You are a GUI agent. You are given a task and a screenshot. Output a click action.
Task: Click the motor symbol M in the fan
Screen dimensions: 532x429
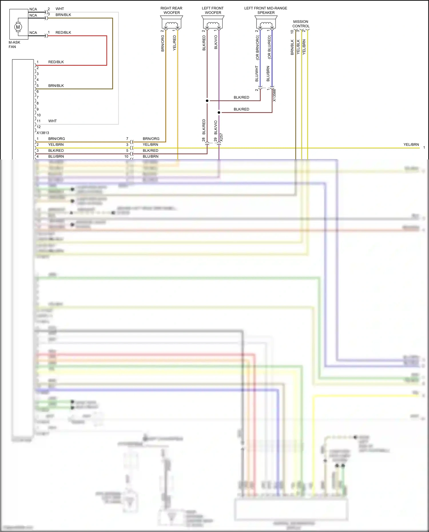(18, 27)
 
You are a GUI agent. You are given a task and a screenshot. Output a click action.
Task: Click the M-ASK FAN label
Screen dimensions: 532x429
(14, 45)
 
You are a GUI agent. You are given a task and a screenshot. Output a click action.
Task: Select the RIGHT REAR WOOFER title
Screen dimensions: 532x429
(171, 10)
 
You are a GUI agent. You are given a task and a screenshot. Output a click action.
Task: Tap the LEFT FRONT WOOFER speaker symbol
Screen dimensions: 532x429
(213, 23)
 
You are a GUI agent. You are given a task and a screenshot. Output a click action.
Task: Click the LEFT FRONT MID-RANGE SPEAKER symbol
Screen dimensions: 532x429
(266, 23)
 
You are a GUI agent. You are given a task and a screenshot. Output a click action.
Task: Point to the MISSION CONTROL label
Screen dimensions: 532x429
(301, 24)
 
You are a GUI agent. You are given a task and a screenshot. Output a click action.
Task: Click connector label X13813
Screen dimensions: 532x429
(43, 133)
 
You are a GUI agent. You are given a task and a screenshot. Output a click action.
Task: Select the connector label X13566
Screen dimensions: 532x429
(274, 95)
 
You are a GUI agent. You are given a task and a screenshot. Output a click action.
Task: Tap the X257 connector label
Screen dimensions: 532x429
(221, 138)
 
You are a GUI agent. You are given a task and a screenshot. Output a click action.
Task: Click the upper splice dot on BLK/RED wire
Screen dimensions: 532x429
(207, 101)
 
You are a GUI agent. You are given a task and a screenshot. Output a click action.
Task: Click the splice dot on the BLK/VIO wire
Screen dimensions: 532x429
(219, 113)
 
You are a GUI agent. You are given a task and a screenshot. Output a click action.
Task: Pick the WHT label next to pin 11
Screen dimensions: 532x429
(52, 121)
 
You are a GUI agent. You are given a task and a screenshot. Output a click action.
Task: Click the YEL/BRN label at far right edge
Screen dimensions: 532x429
(411, 145)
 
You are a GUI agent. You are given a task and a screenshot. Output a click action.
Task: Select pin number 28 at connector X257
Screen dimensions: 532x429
(204, 140)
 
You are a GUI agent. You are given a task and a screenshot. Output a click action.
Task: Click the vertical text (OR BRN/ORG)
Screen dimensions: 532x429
(257, 47)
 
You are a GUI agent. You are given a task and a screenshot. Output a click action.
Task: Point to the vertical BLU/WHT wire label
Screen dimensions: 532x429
(257, 73)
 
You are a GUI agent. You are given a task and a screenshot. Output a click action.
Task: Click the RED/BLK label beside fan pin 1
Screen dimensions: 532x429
(63, 33)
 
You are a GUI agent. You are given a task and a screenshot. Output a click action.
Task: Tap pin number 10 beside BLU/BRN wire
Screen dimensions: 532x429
(126, 156)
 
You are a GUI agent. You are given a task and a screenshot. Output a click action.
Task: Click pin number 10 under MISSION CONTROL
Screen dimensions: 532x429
(292, 32)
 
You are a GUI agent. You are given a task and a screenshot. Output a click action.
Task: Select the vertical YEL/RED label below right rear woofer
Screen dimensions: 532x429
(174, 43)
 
